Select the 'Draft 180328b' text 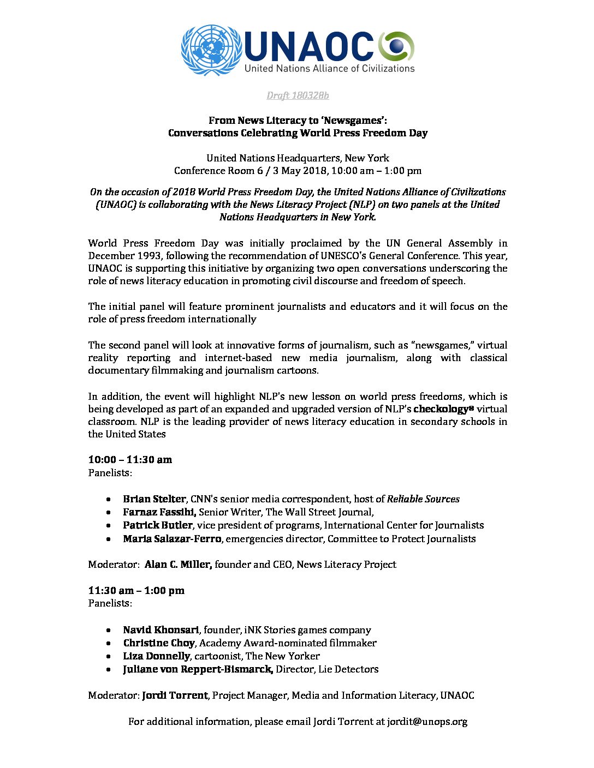298,96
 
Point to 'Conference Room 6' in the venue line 215,171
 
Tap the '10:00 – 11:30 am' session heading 130,460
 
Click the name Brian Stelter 155,499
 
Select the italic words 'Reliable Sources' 423,499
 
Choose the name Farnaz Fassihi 159,512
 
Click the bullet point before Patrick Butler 110,525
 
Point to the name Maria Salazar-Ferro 172,539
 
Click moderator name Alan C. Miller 178,565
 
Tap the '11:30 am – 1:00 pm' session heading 136,591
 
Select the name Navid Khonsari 161,630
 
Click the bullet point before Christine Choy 110,643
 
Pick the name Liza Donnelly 156,656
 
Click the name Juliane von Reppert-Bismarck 198,669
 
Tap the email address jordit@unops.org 427,722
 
